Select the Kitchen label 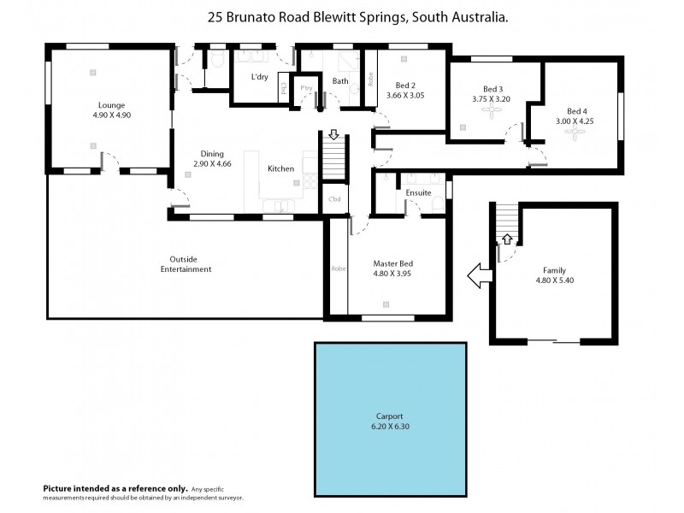tap(280, 168)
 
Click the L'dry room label tap(260, 78)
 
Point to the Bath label tap(340, 81)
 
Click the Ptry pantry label tap(304, 88)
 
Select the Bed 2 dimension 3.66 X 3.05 tap(405, 96)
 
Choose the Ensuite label tap(418, 192)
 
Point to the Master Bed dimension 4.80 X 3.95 tap(393, 275)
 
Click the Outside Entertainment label tap(186, 264)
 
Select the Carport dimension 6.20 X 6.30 tap(390, 426)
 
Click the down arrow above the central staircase tap(333, 135)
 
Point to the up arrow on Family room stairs tap(506, 239)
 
